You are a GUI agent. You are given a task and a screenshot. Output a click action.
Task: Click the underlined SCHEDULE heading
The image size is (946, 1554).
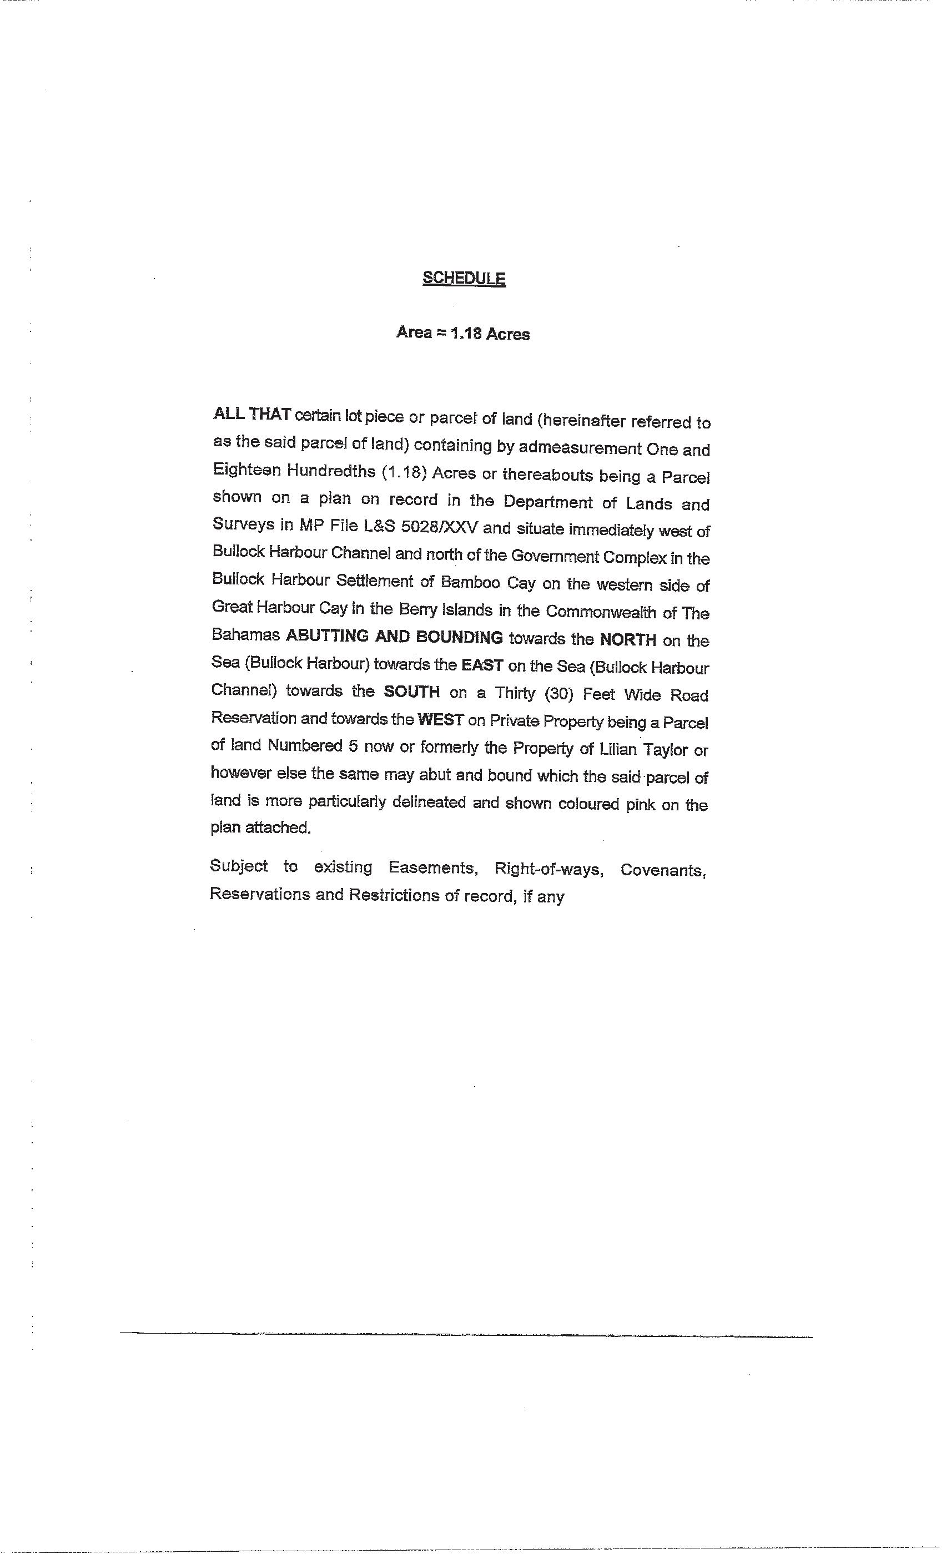pos(464,278)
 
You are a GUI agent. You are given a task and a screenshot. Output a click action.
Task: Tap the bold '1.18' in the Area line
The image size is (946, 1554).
pos(466,334)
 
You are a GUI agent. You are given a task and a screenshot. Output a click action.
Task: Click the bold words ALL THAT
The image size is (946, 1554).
pos(251,415)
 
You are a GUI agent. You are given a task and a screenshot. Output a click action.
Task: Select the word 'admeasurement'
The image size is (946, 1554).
pos(580,448)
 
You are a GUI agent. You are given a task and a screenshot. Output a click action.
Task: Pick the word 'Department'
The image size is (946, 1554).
pos(548,502)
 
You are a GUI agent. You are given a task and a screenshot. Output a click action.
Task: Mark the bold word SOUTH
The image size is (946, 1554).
pos(412,692)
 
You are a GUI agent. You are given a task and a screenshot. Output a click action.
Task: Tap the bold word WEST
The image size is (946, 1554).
pos(440,720)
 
